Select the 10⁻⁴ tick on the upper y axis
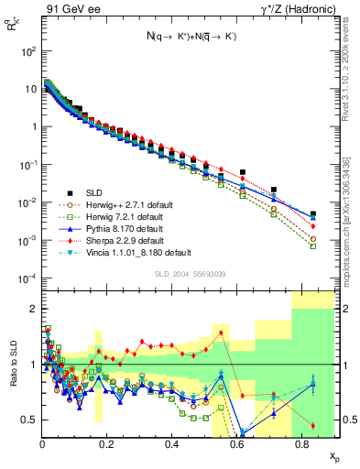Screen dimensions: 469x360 click(x=27, y=278)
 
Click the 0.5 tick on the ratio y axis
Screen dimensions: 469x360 click(x=27, y=420)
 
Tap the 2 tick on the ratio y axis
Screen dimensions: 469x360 click(x=31, y=308)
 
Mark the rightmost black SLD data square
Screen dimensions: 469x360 click(x=313, y=213)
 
